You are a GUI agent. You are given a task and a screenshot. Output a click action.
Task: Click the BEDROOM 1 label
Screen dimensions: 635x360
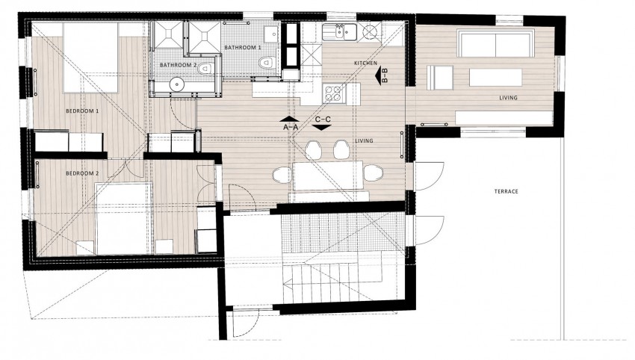(x=82, y=111)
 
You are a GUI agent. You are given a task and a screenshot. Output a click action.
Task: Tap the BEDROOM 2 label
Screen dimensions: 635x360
(x=82, y=173)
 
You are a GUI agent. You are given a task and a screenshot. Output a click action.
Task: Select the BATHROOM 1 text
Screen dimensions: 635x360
(x=243, y=47)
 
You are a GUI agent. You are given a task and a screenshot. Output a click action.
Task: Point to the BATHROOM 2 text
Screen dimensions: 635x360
(x=179, y=65)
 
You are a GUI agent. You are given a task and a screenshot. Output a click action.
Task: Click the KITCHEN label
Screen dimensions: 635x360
(x=366, y=63)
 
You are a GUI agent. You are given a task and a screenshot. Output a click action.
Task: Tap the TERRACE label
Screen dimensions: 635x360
(x=507, y=191)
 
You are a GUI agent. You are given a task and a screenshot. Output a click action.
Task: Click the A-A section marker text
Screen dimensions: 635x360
(x=291, y=127)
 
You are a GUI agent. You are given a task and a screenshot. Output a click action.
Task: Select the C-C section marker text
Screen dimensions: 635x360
(x=323, y=120)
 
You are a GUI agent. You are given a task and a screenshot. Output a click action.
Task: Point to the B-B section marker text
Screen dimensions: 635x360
(x=385, y=75)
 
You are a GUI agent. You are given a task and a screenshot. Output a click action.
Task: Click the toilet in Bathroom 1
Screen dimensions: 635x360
(x=267, y=62)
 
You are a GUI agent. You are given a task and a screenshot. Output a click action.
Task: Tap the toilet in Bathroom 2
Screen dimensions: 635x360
(x=206, y=68)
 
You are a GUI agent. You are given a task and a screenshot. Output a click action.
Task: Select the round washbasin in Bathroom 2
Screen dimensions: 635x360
(x=177, y=84)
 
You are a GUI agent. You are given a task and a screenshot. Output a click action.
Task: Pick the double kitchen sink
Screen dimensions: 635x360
(x=339, y=32)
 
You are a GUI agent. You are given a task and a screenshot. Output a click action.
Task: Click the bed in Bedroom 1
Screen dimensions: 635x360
(x=90, y=58)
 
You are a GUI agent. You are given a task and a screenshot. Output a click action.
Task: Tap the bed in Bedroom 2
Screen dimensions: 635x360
(x=124, y=219)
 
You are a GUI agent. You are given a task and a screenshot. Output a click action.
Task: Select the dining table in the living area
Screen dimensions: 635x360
(x=328, y=176)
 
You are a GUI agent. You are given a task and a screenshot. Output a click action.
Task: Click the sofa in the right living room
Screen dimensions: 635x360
(x=495, y=43)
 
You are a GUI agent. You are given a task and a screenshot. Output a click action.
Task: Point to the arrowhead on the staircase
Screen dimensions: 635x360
(x=289, y=285)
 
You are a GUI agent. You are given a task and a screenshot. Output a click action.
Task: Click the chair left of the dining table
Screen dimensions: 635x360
(x=282, y=175)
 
